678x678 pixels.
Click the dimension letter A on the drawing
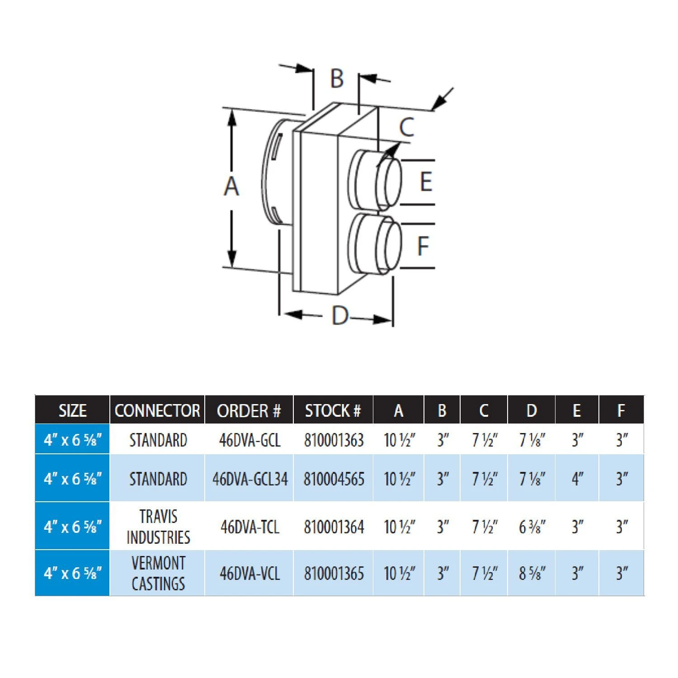[231, 186]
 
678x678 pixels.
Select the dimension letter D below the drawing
[340, 315]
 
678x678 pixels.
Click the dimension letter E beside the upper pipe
[426, 182]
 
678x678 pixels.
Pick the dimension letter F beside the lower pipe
[423, 246]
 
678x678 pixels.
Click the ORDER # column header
[249, 410]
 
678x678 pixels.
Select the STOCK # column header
[333, 410]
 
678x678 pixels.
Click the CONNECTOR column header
[157, 410]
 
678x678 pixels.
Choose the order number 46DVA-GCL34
[250, 479]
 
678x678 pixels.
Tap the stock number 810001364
[334, 527]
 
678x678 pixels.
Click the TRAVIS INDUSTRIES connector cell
[158, 527]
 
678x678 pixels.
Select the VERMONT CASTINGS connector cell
[158, 573]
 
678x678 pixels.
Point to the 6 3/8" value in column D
[532, 527]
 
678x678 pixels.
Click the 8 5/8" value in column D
[532, 573]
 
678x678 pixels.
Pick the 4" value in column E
[577, 479]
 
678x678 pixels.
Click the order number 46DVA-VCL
[250, 573]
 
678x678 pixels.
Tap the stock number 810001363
[334, 440]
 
